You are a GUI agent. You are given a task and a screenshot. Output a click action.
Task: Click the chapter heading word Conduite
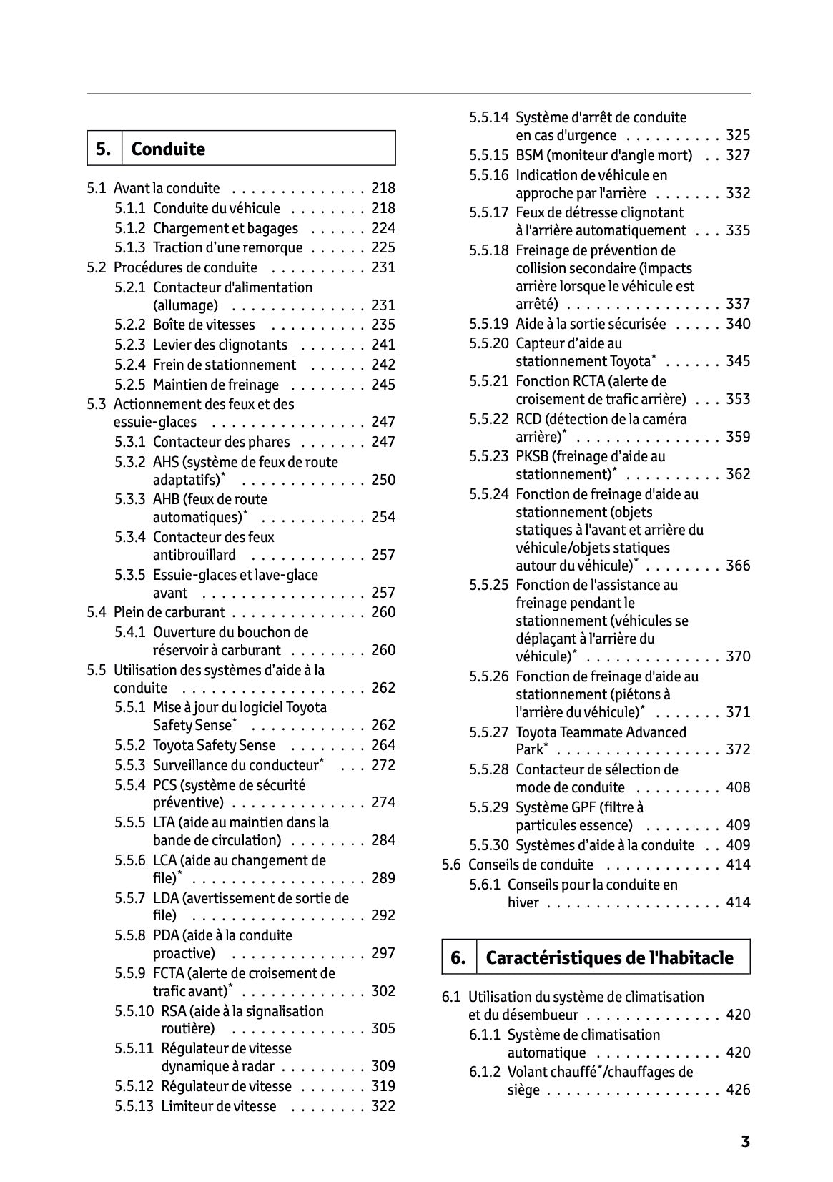pyautogui.click(x=168, y=149)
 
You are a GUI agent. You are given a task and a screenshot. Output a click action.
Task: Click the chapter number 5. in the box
pyautogui.click(x=104, y=149)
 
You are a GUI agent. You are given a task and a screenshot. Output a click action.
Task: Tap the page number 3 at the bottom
pyautogui.click(x=745, y=1141)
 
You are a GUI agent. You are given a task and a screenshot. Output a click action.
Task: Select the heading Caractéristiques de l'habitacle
pyautogui.click(x=609, y=957)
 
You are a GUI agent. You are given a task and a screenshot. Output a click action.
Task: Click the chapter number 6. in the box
pyautogui.click(x=458, y=957)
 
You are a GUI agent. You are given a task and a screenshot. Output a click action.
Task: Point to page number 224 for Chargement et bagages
pyautogui.click(x=383, y=228)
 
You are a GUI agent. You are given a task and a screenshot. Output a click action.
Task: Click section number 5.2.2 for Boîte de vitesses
pyautogui.click(x=130, y=325)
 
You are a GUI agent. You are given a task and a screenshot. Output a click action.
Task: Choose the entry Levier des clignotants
pyautogui.click(x=220, y=345)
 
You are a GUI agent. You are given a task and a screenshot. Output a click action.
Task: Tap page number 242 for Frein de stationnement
pyautogui.click(x=383, y=365)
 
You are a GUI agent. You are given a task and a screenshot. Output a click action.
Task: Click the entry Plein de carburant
pyautogui.click(x=169, y=612)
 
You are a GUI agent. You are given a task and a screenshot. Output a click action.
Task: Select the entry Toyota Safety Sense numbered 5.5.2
pyautogui.click(x=214, y=745)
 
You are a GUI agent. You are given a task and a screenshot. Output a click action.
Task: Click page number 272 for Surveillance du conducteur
pyautogui.click(x=383, y=765)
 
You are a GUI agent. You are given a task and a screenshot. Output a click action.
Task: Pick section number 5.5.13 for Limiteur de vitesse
pyautogui.click(x=134, y=1106)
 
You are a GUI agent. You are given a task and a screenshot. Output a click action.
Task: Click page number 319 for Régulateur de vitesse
pyautogui.click(x=383, y=1086)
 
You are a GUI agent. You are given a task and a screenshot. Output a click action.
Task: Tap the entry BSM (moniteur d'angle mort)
pyautogui.click(x=603, y=155)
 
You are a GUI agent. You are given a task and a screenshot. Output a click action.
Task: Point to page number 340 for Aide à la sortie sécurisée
pyautogui.click(x=738, y=324)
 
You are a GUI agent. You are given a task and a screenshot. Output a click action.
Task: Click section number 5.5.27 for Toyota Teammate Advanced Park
pyautogui.click(x=489, y=732)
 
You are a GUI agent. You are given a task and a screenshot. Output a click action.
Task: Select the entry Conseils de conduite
pyautogui.click(x=531, y=865)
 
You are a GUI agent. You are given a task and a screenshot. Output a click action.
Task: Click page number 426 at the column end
pyautogui.click(x=738, y=1090)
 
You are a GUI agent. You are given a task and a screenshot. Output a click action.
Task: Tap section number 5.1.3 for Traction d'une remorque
pyautogui.click(x=130, y=247)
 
